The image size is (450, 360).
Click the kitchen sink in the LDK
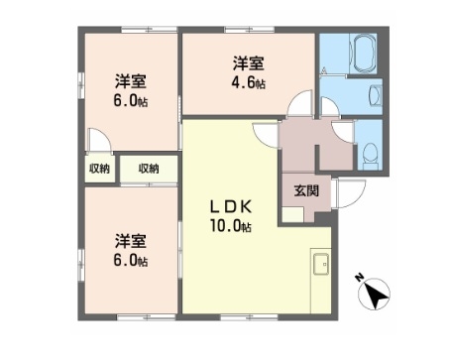click(x=322, y=265)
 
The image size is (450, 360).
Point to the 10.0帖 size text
click(x=232, y=227)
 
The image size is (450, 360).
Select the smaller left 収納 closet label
click(x=99, y=169)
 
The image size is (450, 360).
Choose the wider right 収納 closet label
click(x=149, y=169)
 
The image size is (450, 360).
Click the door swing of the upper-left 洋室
click(x=97, y=141)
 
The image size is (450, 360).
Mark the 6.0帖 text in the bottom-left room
click(x=130, y=261)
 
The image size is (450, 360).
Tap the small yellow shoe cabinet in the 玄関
click(x=291, y=214)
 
